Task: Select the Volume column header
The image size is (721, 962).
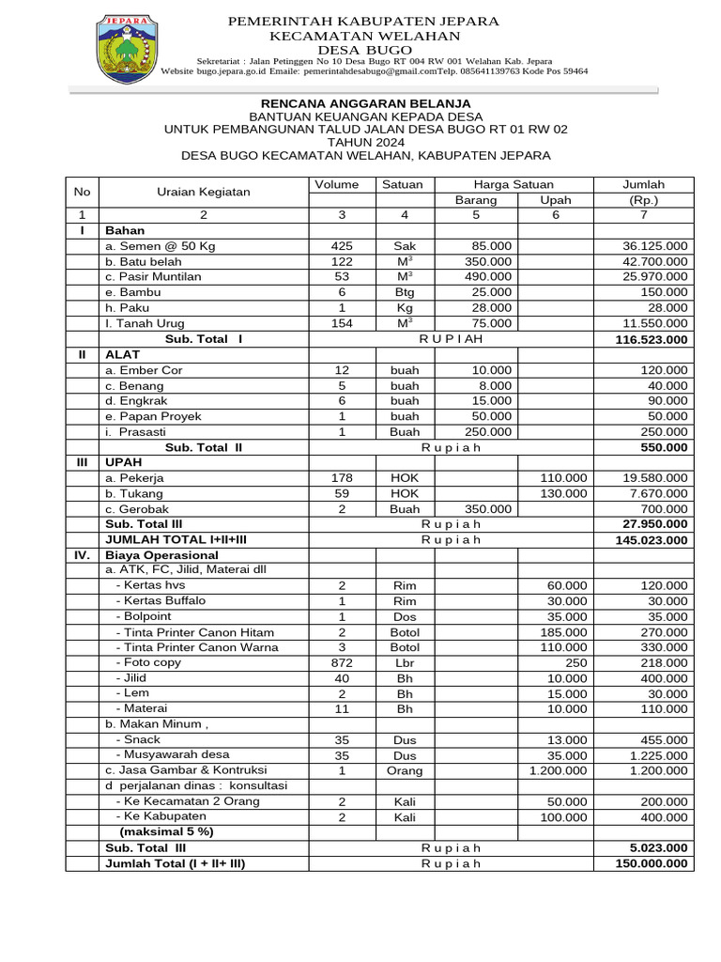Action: point(342,184)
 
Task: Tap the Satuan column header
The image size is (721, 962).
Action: point(404,184)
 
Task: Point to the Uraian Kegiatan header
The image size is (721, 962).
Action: point(204,192)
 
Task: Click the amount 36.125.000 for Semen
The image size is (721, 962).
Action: point(654,246)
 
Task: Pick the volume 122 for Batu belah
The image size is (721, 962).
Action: point(342,261)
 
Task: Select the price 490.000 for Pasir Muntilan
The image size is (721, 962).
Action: point(489,277)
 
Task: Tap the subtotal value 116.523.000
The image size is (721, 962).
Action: point(651,339)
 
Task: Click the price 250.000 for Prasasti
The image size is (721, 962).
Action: point(489,432)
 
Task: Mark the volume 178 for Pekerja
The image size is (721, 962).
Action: point(342,478)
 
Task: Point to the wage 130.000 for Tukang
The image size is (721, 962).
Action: point(563,493)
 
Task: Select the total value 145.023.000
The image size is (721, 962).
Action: point(651,540)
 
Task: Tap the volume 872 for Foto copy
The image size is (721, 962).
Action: point(342,663)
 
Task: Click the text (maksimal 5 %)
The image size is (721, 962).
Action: point(166,831)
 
